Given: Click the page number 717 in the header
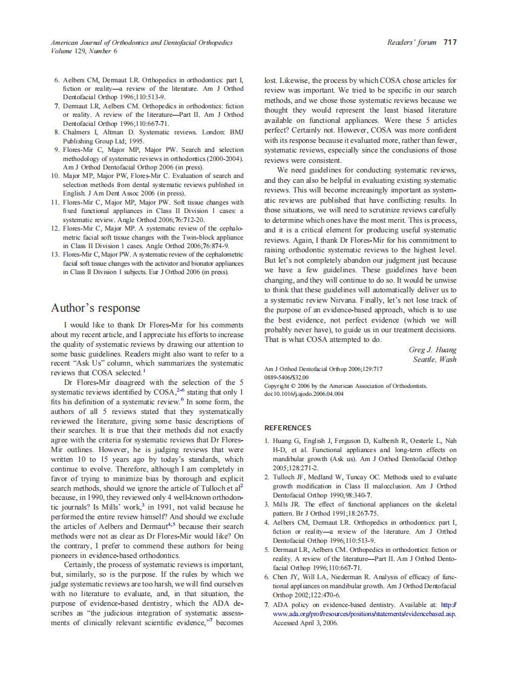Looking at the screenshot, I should [x=450, y=42].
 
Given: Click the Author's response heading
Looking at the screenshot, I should [x=96, y=308].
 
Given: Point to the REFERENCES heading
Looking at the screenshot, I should [x=288, y=428].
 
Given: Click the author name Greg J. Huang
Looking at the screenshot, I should [x=433, y=350].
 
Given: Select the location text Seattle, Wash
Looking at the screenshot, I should [x=434, y=359].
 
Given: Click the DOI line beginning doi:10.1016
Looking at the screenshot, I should [x=304, y=394].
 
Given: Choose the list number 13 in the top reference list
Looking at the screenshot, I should [x=54, y=255].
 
